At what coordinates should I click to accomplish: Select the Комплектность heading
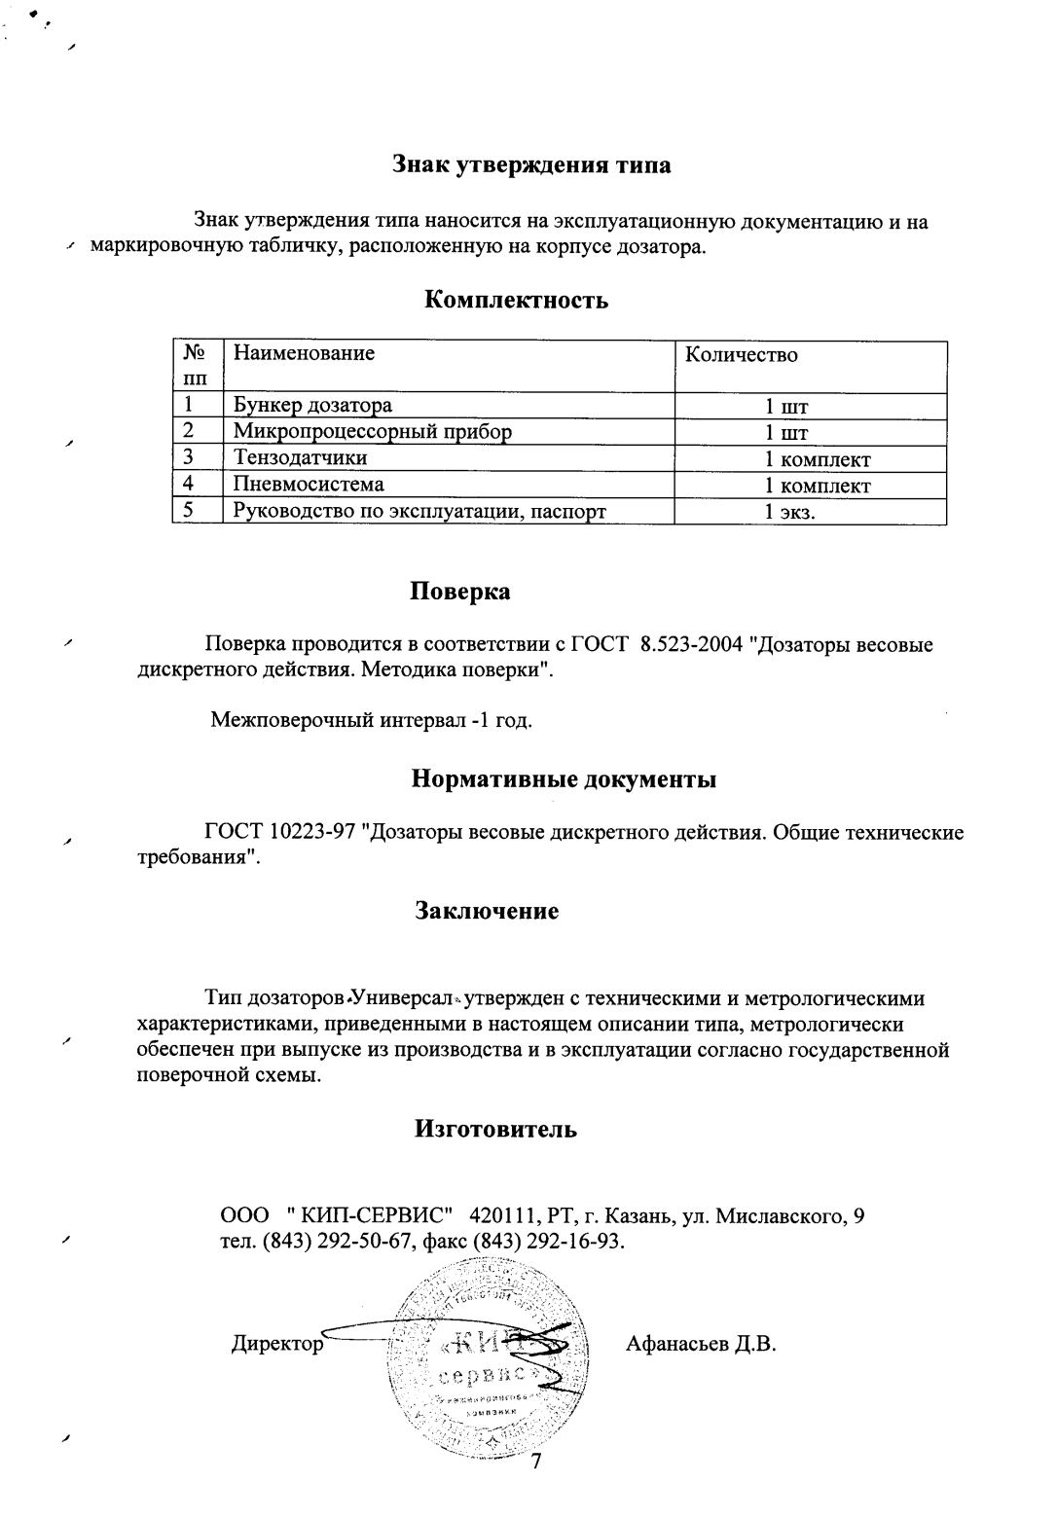pos(517,300)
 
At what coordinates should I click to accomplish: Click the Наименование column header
pos(304,353)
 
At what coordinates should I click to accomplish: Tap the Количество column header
pos(741,355)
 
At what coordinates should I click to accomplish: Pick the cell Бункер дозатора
pos(311,405)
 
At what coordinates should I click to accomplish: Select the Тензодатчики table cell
pos(300,457)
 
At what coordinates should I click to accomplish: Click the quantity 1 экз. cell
pos(789,512)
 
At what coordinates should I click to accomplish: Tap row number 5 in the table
pos(187,510)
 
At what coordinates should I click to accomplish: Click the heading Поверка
pos(459,591)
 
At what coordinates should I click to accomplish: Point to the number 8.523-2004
pos(695,644)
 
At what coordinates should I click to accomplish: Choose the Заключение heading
pos(487,911)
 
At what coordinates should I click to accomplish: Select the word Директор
pos(276,1345)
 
